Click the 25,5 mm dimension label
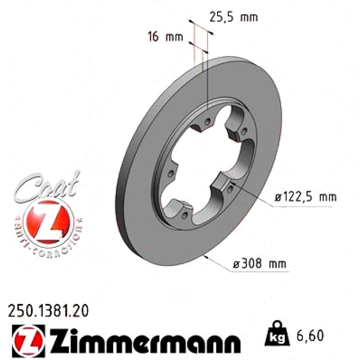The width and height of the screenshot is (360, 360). (233, 17)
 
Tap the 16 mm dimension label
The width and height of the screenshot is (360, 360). (165, 37)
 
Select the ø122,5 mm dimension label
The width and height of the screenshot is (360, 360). (305, 197)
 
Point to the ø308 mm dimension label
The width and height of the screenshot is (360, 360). (260, 263)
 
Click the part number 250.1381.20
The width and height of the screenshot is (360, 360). (48, 311)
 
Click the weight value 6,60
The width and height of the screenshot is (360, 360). (310, 335)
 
